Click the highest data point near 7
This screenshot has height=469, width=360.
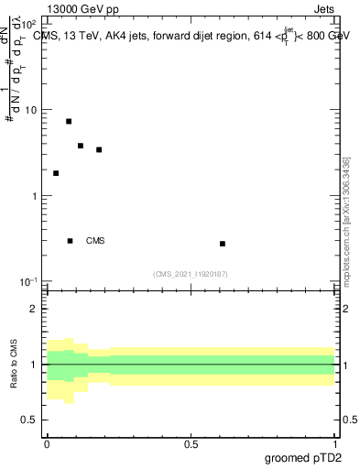(69, 121)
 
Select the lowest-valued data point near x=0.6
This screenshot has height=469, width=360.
(223, 244)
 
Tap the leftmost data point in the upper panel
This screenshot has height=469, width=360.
(56, 173)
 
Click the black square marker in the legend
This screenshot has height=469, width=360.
(71, 241)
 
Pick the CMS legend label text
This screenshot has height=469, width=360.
(95, 241)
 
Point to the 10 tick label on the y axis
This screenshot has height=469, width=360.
(30, 111)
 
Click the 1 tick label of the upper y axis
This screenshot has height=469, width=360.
(34, 196)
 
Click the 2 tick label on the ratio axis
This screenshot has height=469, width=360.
(34, 309)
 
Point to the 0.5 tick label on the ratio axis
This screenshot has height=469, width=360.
(29, 420)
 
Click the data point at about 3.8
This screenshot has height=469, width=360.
(81, 146)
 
